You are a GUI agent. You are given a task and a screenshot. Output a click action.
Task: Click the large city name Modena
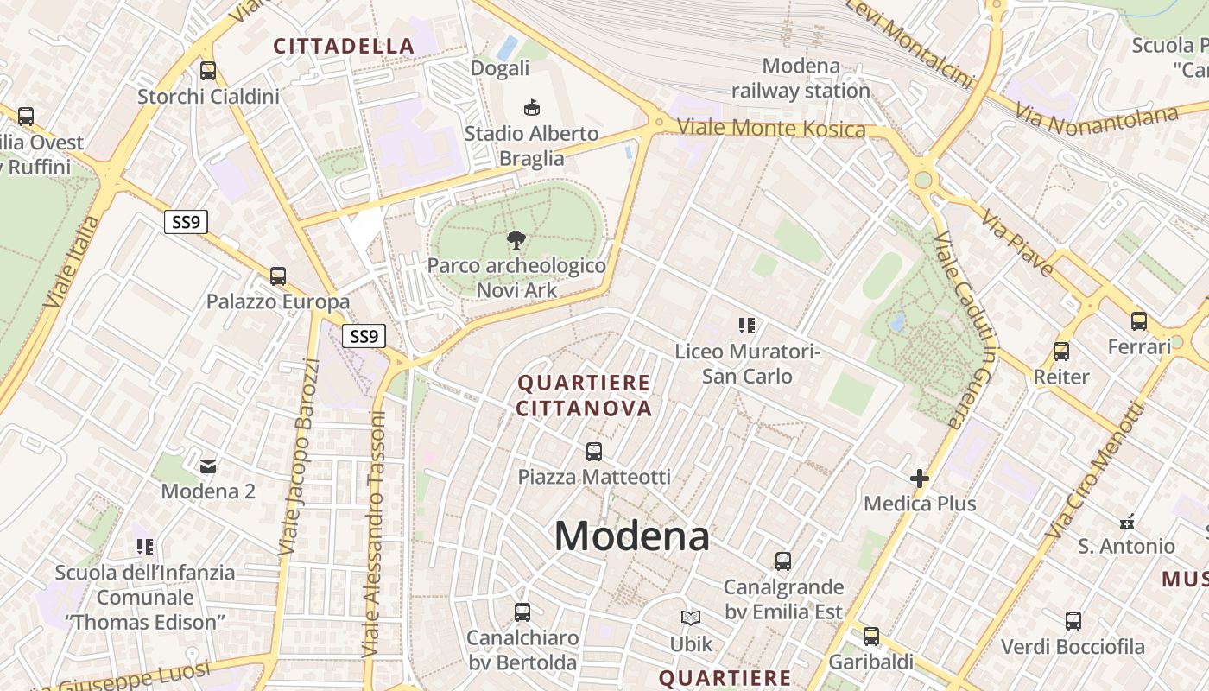[x=631, y=536]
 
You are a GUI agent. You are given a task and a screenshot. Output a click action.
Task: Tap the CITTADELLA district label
[x=345, y=46]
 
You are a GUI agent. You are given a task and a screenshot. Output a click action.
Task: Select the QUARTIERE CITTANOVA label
[x=584, y=395]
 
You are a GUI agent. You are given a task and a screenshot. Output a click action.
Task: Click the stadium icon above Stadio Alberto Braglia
[x=532, y=108]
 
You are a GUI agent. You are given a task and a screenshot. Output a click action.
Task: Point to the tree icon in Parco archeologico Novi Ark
[x=516, y=239]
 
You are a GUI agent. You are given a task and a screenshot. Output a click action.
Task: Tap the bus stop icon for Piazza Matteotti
[x=593, y=451]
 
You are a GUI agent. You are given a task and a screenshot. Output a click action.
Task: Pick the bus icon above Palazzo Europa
[x=277, y=276]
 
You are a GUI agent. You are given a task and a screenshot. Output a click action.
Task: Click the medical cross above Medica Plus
[x=919, y=478]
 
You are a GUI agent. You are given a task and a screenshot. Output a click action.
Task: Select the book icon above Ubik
[x=691, y=618]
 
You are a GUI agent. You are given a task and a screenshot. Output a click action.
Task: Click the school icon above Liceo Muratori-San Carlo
[x=747, y=326]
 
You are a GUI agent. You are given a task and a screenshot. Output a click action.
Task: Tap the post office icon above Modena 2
[x=208, y=466]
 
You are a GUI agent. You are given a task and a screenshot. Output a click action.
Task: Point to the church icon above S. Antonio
[x=1126, y=521]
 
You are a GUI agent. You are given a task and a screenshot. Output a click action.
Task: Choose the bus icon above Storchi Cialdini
[x=208, y=71]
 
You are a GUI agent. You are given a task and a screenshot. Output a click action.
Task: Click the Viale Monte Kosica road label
[x=770, y=128]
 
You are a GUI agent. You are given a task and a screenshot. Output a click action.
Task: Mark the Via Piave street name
[x=1016, y=242]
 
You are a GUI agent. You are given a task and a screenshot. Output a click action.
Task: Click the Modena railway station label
[x=801, y=78]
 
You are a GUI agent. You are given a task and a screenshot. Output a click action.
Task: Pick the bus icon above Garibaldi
[x=870, y=637]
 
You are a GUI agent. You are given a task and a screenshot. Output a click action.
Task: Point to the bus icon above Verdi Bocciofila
[x=1073, y=621]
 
